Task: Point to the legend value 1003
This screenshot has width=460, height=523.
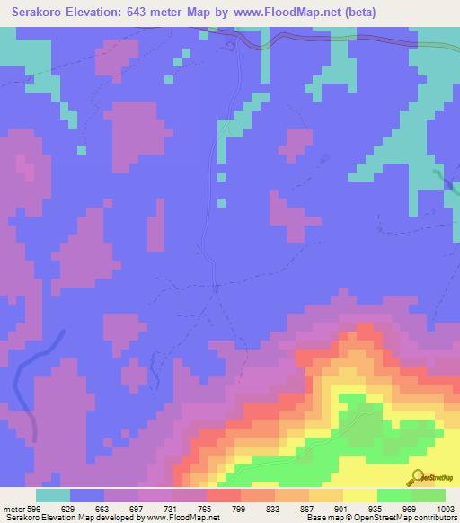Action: [x=445, y=507]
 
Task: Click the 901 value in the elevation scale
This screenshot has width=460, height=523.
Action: [x=343, y=507]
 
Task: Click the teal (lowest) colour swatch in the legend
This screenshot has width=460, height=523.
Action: [x=53, y=495]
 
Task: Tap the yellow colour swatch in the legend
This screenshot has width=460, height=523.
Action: [x=359, y=495]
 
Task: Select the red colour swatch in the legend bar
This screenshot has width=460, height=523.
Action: [x=223, y=495]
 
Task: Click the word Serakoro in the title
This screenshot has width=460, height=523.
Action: [x=40, y=13]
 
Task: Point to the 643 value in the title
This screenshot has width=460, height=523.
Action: [x=144, y=13]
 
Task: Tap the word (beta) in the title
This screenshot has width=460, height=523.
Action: [x=357, y=13]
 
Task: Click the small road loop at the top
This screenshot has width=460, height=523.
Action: [x=231, y=43]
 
